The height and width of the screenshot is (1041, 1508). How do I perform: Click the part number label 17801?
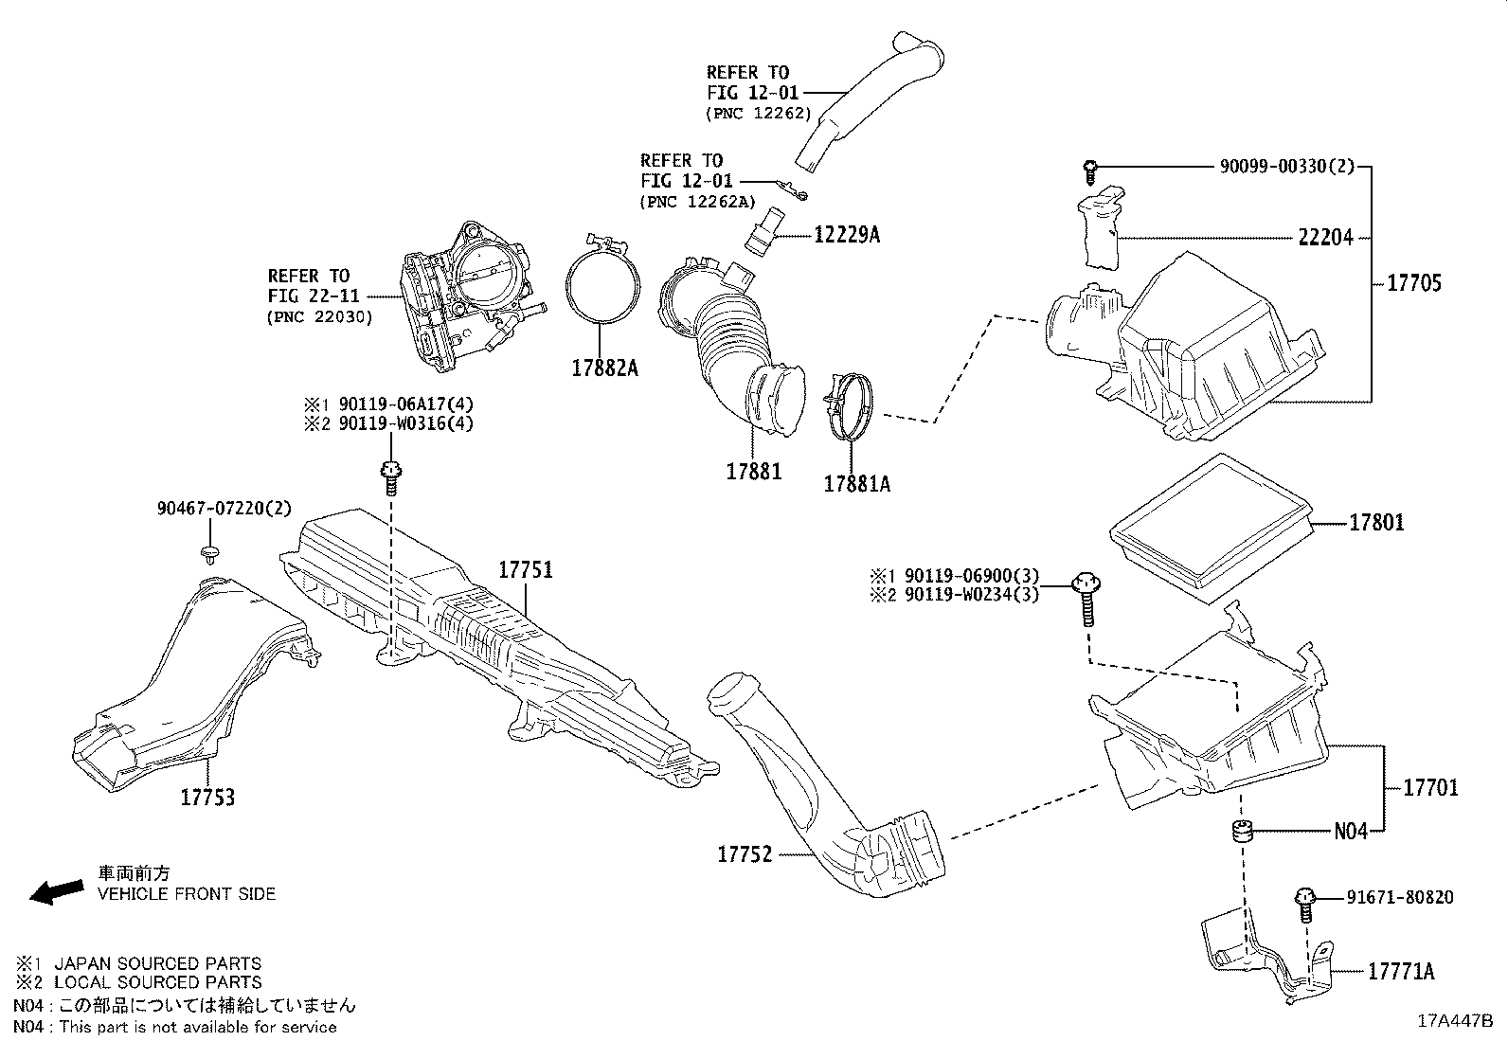click(1376, 523)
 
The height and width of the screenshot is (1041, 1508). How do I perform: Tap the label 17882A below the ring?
click(604, 369)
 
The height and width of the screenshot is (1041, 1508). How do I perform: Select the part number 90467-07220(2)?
click(224, 509)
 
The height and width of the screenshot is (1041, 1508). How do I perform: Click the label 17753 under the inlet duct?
click(207, 798)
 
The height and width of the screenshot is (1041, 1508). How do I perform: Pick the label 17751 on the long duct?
click(526, 570)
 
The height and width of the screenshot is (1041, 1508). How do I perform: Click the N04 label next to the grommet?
click(1351, 832)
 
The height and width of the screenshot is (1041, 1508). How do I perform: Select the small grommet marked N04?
click(1242, 833)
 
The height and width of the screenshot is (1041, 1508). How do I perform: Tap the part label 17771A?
click(1401, 971)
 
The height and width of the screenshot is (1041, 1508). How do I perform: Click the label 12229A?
click(846, 234)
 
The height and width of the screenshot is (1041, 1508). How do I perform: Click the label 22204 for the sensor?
click(1325, 238)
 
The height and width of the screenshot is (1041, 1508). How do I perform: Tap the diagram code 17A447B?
click(1454, 1021)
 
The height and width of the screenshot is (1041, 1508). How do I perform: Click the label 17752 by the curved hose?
click(745, 854)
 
